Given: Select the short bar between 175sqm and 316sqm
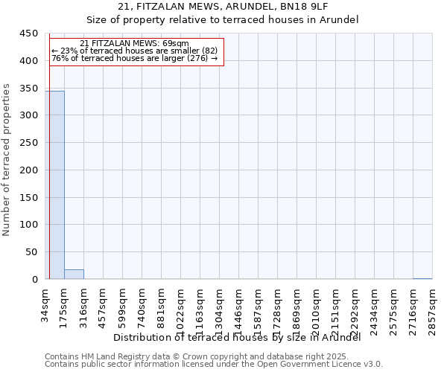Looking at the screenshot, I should tap(74, 274).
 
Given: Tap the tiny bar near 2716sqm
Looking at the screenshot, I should tap(422, 278).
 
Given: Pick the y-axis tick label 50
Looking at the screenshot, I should tap(31, 251).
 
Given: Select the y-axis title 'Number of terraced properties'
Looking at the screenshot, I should tap(7, 160).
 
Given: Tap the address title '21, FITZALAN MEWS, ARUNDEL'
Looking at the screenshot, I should tap(223, 7).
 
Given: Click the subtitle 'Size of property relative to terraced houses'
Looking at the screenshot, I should tap(223, 20).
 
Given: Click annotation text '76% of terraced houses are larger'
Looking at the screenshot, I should tap(134, 58).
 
